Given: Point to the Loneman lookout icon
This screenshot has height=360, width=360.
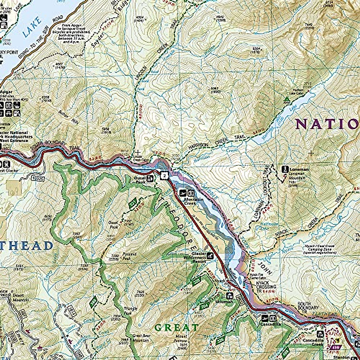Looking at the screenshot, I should click(284, 169).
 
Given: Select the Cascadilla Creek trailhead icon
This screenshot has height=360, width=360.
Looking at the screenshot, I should click(320, 334).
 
